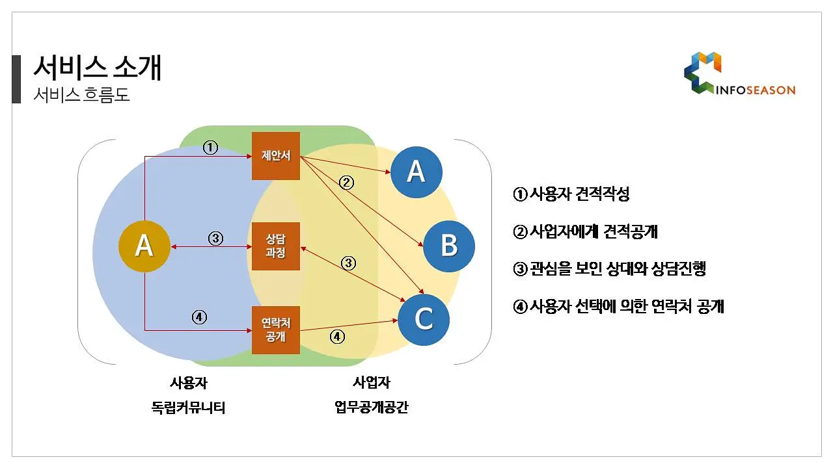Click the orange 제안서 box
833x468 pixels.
pos(275,156)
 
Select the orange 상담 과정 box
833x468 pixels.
pos(275,246)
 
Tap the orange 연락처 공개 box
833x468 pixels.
pos(275,330)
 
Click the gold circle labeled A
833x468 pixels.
pos(144,246)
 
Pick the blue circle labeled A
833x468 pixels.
pos(416,172)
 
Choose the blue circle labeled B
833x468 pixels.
pos(449,246)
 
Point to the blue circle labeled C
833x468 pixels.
pos(424,320)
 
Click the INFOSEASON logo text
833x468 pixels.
pos(756,90)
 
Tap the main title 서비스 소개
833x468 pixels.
pos(98,68)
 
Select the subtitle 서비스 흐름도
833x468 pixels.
pos(81,95)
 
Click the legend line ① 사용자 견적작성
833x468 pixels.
pos(571,194)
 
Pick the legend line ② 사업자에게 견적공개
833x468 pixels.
pos(585,231)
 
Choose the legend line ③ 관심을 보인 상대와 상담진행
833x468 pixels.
pos(609,268)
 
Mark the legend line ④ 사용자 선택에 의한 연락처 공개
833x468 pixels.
pos(618,306)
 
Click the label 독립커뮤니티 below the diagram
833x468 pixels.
pos(188,408)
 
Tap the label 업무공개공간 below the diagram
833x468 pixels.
pos(372,407)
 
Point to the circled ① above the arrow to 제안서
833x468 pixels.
pos(210,148)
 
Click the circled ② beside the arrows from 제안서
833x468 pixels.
pos(346,183)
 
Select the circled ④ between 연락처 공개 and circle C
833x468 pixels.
pos(337,337)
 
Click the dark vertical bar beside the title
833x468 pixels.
pos(16,79)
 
